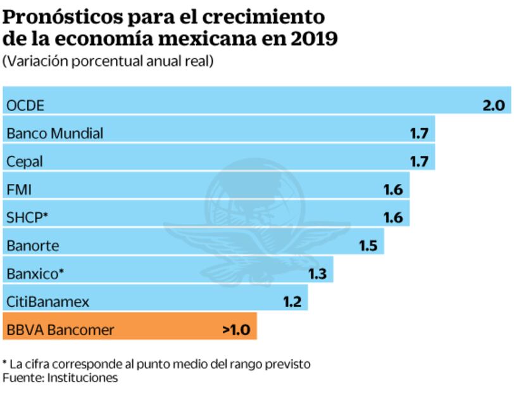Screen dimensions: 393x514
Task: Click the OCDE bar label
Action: coord(25,105)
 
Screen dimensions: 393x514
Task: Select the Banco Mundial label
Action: coord(54,133)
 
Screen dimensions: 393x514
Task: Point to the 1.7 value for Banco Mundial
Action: coord(419,133)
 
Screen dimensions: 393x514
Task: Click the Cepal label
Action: coord(25,162)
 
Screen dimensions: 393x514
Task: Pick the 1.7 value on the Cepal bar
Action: coord(419,161)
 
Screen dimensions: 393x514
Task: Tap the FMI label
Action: coord(19,190)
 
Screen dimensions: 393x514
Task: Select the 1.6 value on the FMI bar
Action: coord(393,190)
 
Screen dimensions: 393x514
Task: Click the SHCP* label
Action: coord(27,217)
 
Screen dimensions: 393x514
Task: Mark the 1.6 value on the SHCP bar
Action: coord(393,217)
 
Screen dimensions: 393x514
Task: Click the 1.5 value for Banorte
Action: coord(368,246)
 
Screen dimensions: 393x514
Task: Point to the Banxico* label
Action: coord(35,274)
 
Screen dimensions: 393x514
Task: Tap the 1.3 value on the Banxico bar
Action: coord(317,274)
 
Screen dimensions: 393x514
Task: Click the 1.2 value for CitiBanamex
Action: coord(292,302)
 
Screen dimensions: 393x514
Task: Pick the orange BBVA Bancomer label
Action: coord(60,330)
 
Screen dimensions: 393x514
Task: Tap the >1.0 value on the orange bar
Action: coord(236,330)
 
